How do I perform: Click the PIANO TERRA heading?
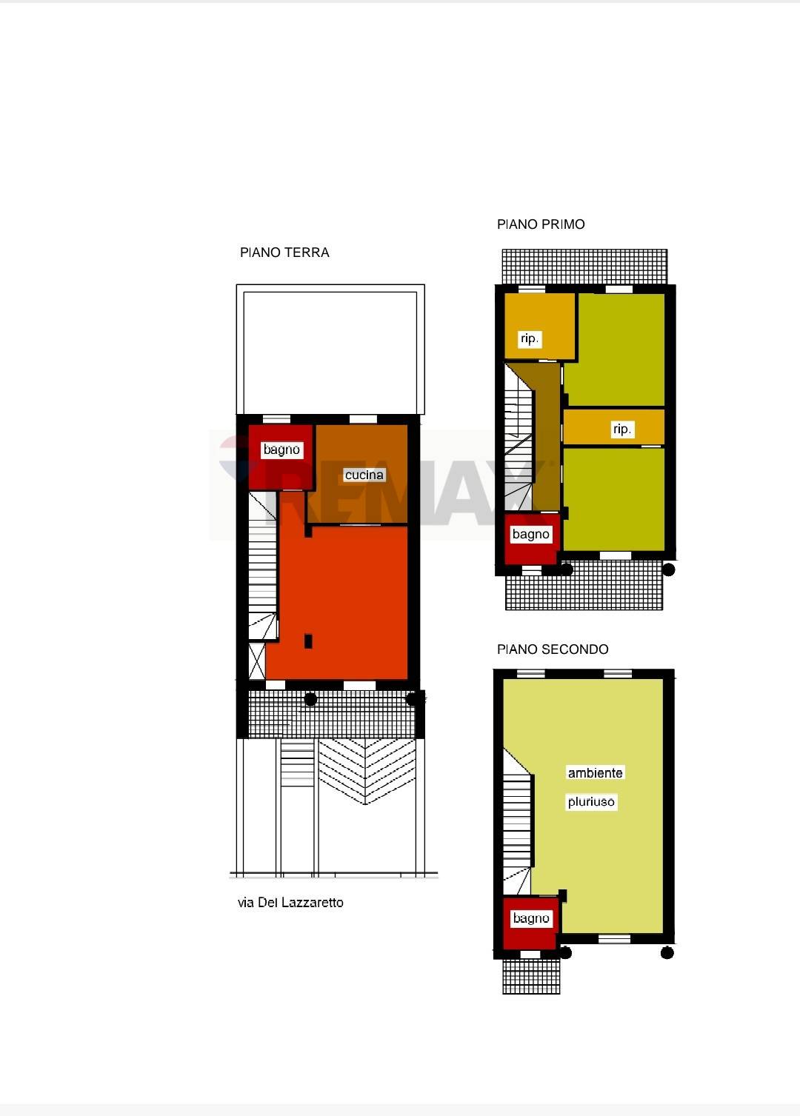click(284, 253)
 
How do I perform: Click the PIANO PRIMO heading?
click(541, 224)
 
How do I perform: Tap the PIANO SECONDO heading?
click(553, 649)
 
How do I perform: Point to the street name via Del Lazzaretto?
click(290, 902)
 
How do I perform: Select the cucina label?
click(364, 475)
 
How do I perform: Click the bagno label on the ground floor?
click(281, 450)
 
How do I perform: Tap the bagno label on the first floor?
click(531, 535)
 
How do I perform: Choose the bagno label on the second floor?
click(531, 918)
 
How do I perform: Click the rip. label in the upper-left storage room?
click(530, 338)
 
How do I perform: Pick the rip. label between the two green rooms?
click(622, 429)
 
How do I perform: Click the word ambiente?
click(596, 772)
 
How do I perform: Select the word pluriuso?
click(592, 801)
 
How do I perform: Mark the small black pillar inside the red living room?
click(308, 641)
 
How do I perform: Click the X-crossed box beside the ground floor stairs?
click(257, 661)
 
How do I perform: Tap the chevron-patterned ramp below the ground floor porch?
click(367, 771)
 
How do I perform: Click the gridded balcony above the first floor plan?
click(584, 267)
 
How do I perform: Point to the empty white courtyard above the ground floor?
click(330, 350)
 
